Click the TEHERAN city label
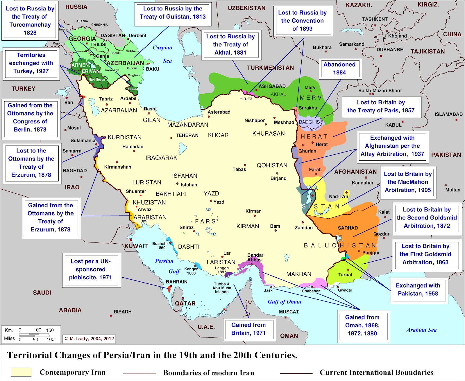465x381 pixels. (x=187, y=135)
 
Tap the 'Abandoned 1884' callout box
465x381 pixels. (x=339, y=69)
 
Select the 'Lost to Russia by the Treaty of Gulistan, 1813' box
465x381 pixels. (x=173, y=13)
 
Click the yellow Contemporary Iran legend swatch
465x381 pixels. (x=21, y=372)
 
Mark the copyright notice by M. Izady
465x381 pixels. (x=89, y=339)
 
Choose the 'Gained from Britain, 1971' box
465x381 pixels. (x=248, y=329)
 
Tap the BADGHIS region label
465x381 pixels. (x=309, y=122)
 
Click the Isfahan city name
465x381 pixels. (x=189, y=185)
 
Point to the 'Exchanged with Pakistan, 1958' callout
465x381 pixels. (x=418, y=289)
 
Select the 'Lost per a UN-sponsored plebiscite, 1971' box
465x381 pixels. (x=91, y=269)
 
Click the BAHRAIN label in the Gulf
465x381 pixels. (x=177, y=282)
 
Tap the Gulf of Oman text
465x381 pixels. (x=284, y=302)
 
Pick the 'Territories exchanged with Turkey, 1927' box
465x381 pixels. (x=31, y=63)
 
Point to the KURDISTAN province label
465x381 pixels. (x=124, y=137)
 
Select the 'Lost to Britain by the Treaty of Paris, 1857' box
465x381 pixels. (x=381, y=106)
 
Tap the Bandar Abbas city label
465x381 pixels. (x=255, y=257)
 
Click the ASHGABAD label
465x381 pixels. (x=272, y=86)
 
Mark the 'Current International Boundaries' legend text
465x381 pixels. (x=376, y=372)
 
